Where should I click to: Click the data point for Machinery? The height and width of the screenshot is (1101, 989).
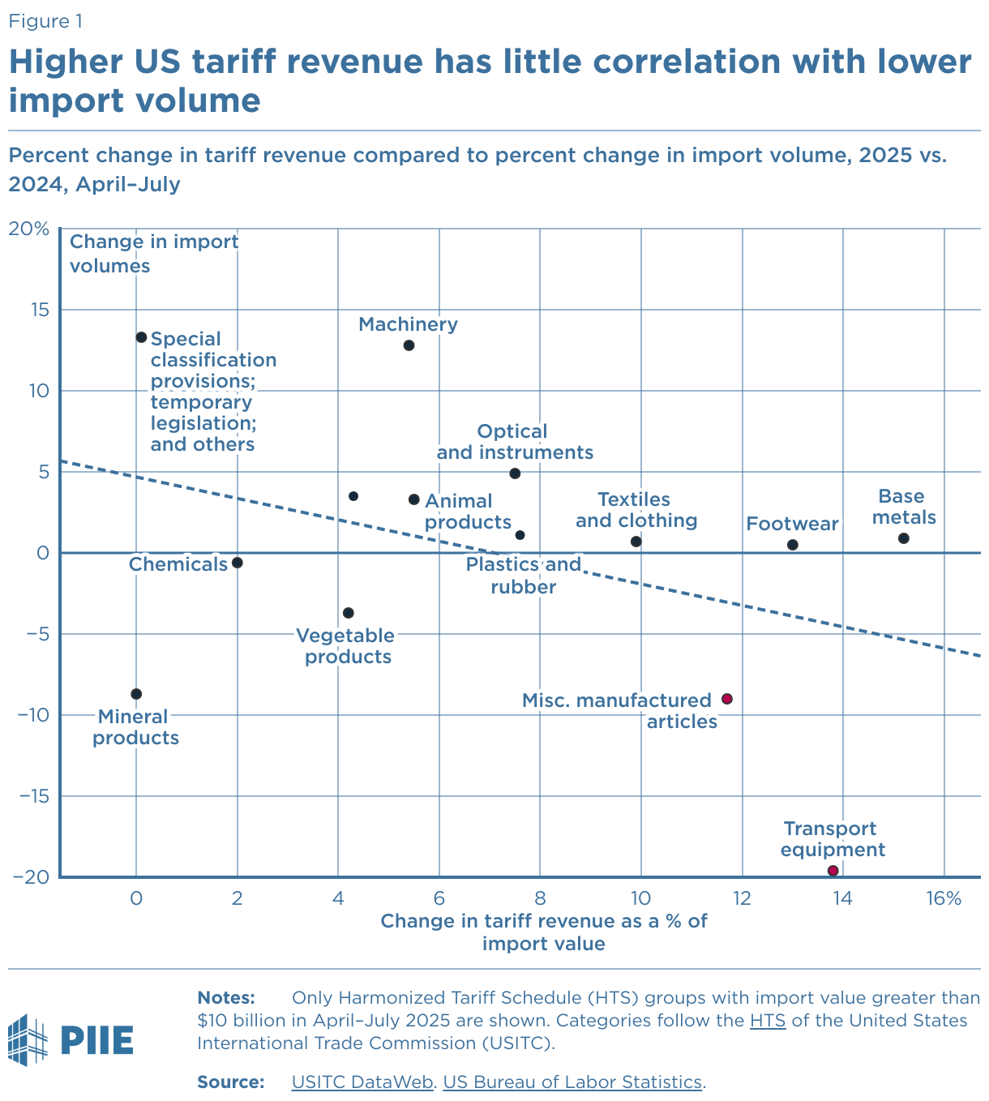click(409, 345)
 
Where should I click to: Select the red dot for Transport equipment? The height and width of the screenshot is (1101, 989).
click(833, 871)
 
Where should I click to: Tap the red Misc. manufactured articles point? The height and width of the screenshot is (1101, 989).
click(726, 699)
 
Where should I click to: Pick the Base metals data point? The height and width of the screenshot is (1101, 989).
click(903, 538)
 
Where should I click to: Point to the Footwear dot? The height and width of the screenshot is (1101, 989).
click(792, 545)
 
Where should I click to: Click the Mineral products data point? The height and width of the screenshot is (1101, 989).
click(136, 694)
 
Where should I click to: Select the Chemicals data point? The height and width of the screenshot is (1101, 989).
click(237, 563)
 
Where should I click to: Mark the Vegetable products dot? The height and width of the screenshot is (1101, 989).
click(348, 613)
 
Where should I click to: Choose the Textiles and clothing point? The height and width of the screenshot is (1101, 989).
click(636, 542)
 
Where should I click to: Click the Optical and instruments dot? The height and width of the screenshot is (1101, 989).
click(514, 473)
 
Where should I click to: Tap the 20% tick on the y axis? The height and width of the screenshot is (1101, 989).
click(28, 229)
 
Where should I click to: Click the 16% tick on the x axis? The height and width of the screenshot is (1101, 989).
click(944, 898)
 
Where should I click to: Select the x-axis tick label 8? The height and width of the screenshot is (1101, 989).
click(539, 898)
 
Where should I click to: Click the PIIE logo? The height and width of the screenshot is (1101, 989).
click(71, 1039)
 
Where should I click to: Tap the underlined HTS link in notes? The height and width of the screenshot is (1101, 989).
click(767, 1020)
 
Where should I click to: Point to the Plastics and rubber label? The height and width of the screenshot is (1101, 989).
click(524, 575)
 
